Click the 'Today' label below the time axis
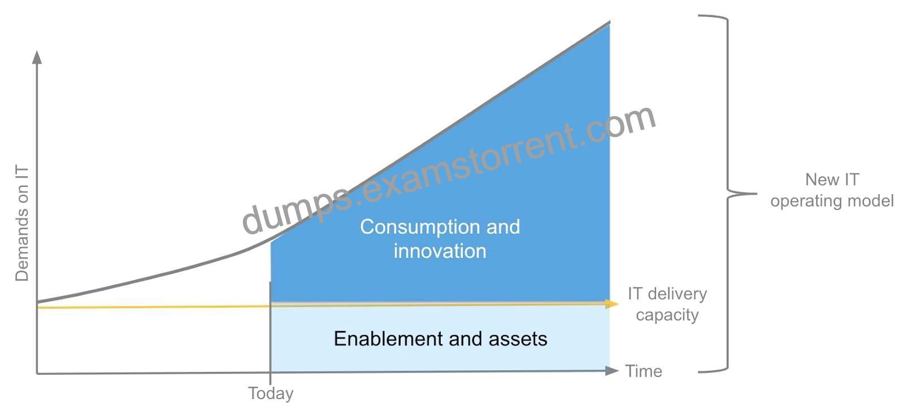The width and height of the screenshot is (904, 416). click(271, 393)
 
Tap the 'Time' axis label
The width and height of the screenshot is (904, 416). click(644, 371)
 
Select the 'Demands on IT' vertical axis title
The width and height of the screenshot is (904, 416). click(22, 223)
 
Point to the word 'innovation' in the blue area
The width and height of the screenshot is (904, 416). click(440, 251)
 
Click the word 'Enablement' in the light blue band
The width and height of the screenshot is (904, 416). click(388, 339)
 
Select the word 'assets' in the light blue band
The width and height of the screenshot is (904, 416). click(518, 339)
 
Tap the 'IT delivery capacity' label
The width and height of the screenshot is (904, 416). click(667, 305)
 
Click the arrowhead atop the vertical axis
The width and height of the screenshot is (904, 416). click(37, 57)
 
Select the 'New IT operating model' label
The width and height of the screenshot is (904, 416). click(832, 190)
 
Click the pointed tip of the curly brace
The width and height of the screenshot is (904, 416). click(757, 194)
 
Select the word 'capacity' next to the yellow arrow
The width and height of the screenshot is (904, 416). click(667, 315)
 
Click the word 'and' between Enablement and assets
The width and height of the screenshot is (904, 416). click(466, 339)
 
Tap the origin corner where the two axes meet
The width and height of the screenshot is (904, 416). click(37, 374)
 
